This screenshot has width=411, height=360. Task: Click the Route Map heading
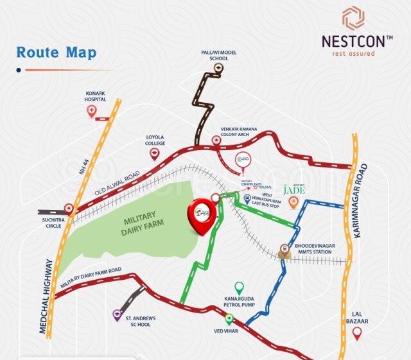click(56, 52)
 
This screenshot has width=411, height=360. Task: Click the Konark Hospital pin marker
click(93, 112)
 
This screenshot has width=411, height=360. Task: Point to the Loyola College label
click(155, 139)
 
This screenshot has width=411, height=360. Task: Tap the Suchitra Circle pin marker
click(69, 208)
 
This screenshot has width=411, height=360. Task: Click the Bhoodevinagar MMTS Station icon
click(285, 249)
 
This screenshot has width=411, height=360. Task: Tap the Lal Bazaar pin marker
click(357, 332)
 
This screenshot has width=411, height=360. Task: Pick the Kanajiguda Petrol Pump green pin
click(239, 287)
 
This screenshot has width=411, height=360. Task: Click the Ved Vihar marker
click(229, 320)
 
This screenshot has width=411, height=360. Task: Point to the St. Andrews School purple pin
click(117, 314)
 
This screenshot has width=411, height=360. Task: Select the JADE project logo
click(294, 189)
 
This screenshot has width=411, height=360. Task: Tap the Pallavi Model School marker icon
click(220, 67)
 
